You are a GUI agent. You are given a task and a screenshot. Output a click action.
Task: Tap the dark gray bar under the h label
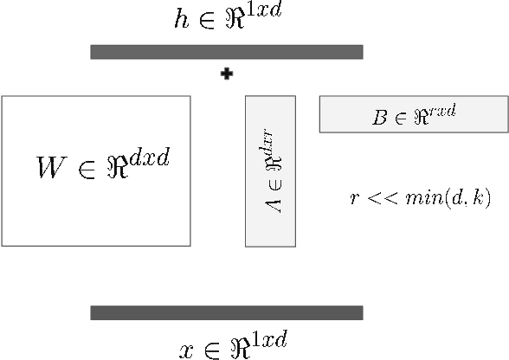226,52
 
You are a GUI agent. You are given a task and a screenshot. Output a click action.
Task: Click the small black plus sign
227,74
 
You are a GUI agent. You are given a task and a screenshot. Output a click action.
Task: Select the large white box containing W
95,208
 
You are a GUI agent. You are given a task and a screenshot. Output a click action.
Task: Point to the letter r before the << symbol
354,199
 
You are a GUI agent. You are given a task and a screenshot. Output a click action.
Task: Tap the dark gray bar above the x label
226,312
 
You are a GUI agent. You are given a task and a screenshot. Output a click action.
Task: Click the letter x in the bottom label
185,350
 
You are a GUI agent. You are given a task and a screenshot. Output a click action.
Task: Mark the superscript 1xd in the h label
264,13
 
